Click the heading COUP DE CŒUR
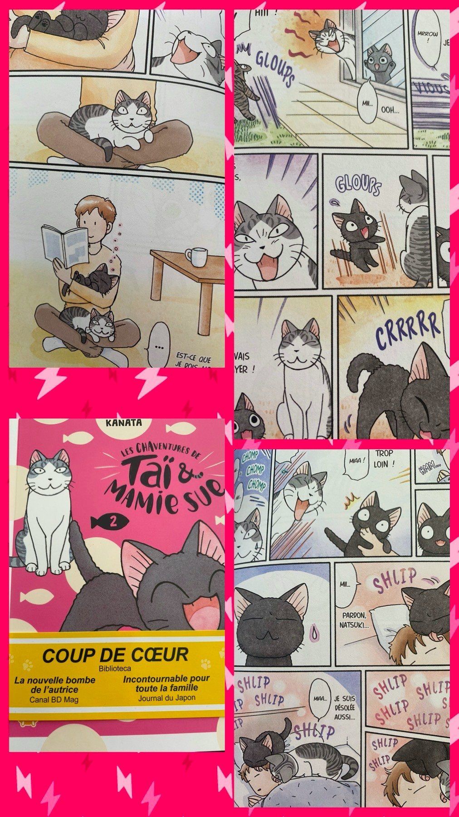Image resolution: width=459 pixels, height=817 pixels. click(x=115, y=655)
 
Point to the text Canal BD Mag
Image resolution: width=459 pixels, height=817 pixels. click(x=54, y=699)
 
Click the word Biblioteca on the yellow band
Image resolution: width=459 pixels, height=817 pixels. click(x=115, y=668)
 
